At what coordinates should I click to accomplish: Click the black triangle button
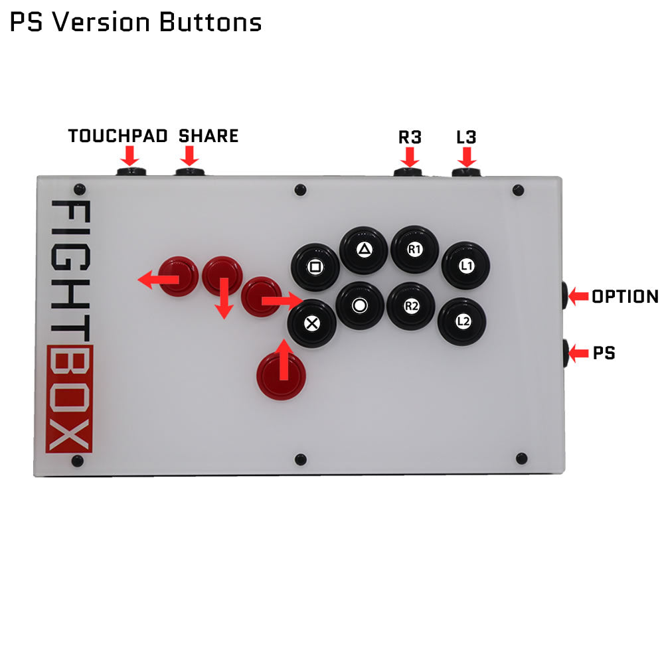(363, 250)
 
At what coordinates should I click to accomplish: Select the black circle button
(360, 305)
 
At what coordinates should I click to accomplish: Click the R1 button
(415, 250)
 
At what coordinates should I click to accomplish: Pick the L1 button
(466, 266)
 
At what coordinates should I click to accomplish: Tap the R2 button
(411, 306)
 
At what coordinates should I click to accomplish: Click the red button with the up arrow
(282, 376)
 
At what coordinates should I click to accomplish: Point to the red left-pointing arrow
(158, 280)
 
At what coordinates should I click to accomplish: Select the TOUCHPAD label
(118, 136)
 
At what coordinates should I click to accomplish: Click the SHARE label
(208, 136)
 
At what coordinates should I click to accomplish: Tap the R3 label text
(410, 137)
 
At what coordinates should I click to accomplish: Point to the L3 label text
(467, 137)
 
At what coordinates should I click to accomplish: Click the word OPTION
(624, 297)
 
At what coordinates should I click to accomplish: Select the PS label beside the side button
(604, 353)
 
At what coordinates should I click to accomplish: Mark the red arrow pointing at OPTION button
(578, 296)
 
